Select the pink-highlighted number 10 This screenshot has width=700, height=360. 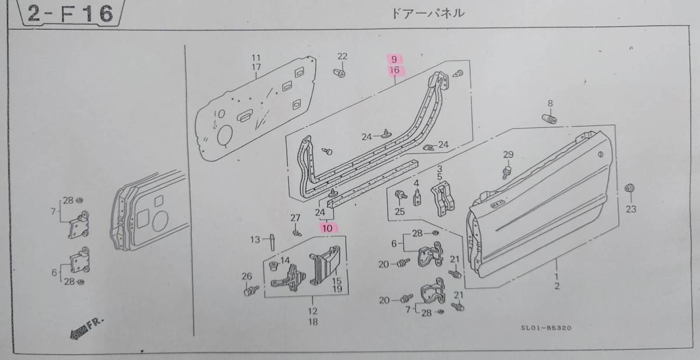click(x=328, y=228)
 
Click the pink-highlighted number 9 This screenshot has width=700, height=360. click(x=394, y=59)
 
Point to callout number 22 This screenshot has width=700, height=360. click(x=342, y=56)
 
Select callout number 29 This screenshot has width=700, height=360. click(x=508, y=155)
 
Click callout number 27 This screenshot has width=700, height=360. click(x=295, y=218)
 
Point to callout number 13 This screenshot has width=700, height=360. click(x=255, y=239)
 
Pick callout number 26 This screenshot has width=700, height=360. click(x=246, y=276)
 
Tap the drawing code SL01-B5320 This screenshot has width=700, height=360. click(x=547, y=328)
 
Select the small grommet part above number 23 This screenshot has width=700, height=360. click(x=629, y=188)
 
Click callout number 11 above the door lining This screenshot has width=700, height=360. click(x=255, y=57)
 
